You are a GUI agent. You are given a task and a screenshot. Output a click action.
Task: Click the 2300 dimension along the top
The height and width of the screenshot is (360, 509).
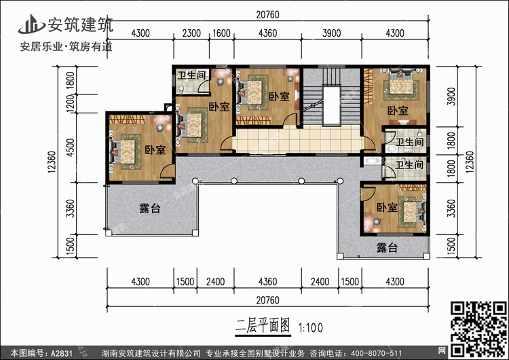coord(191,33)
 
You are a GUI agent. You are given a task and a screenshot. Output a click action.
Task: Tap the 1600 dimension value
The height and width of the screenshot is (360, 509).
coord(221,33)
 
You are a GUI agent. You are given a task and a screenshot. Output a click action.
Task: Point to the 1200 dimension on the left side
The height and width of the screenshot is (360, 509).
coord(70,104)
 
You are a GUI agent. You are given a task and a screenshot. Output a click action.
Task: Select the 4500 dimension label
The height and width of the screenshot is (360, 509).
coord(70,147)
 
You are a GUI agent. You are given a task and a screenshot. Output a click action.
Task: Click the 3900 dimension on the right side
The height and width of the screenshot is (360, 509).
coord(451,96)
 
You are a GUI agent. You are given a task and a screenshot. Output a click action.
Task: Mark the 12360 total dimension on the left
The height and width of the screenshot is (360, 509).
coord(52,162)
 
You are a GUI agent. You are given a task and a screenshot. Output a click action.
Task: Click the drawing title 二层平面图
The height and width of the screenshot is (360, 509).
coord(263,325)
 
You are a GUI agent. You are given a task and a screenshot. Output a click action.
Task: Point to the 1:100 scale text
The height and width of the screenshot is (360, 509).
coord(310,327)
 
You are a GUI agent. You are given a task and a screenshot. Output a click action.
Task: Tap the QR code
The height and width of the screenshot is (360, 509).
coord(479,329)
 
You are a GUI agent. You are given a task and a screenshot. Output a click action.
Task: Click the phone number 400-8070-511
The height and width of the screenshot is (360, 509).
coord(376,353)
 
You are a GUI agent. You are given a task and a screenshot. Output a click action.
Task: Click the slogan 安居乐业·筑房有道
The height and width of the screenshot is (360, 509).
coord(67,47)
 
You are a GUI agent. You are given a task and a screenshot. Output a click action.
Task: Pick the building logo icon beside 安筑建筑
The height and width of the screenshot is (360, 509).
coord(31,24)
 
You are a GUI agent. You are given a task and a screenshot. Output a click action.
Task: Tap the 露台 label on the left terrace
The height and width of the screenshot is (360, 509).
coord(150,209)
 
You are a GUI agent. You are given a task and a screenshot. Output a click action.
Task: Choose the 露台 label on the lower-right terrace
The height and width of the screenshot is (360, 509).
coord(387,248)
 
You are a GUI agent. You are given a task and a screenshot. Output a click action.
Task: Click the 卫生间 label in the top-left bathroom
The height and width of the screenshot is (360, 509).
coord(192,75)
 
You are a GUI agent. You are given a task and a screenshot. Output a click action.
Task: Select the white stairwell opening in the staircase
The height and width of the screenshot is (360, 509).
coord(331,105)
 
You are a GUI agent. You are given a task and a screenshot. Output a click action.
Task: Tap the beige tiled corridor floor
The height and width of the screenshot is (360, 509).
coord(298,140)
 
